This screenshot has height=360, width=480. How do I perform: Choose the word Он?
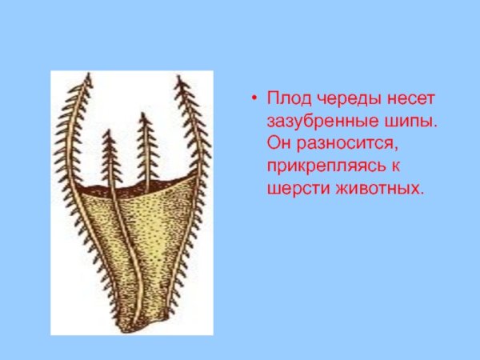point(279,146)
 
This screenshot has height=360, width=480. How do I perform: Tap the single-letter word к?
point(397,168)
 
